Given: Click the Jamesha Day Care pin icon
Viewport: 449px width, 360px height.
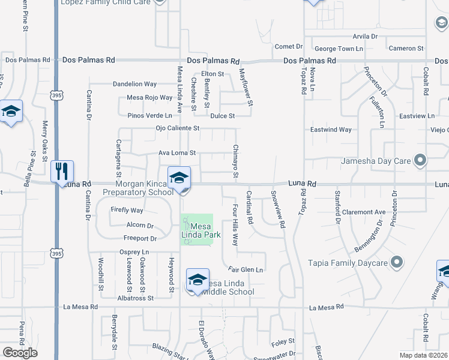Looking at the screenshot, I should pos(420,160).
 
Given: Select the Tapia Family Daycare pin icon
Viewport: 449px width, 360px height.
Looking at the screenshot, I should pos(396,262).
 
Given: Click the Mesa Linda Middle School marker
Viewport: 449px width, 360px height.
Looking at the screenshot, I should pos(197,281).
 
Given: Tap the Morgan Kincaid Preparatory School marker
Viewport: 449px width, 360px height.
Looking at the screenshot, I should pos(179,178).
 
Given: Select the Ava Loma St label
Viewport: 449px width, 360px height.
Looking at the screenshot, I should pos(177,153).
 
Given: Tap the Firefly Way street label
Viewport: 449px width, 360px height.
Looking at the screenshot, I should pos(127,211).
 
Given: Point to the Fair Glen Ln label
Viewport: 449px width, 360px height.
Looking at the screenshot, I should pos(246,270).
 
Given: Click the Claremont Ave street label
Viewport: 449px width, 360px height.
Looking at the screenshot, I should pos(364,212).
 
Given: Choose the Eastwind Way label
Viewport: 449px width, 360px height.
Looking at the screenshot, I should pos(331,130).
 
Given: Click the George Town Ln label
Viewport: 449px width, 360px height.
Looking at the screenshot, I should pos(340,48).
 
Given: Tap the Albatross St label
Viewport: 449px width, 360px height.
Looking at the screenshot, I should pos(136,298).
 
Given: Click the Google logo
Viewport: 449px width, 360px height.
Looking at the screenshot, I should pos(20,353).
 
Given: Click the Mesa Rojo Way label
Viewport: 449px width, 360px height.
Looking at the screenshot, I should pos(150,98).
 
